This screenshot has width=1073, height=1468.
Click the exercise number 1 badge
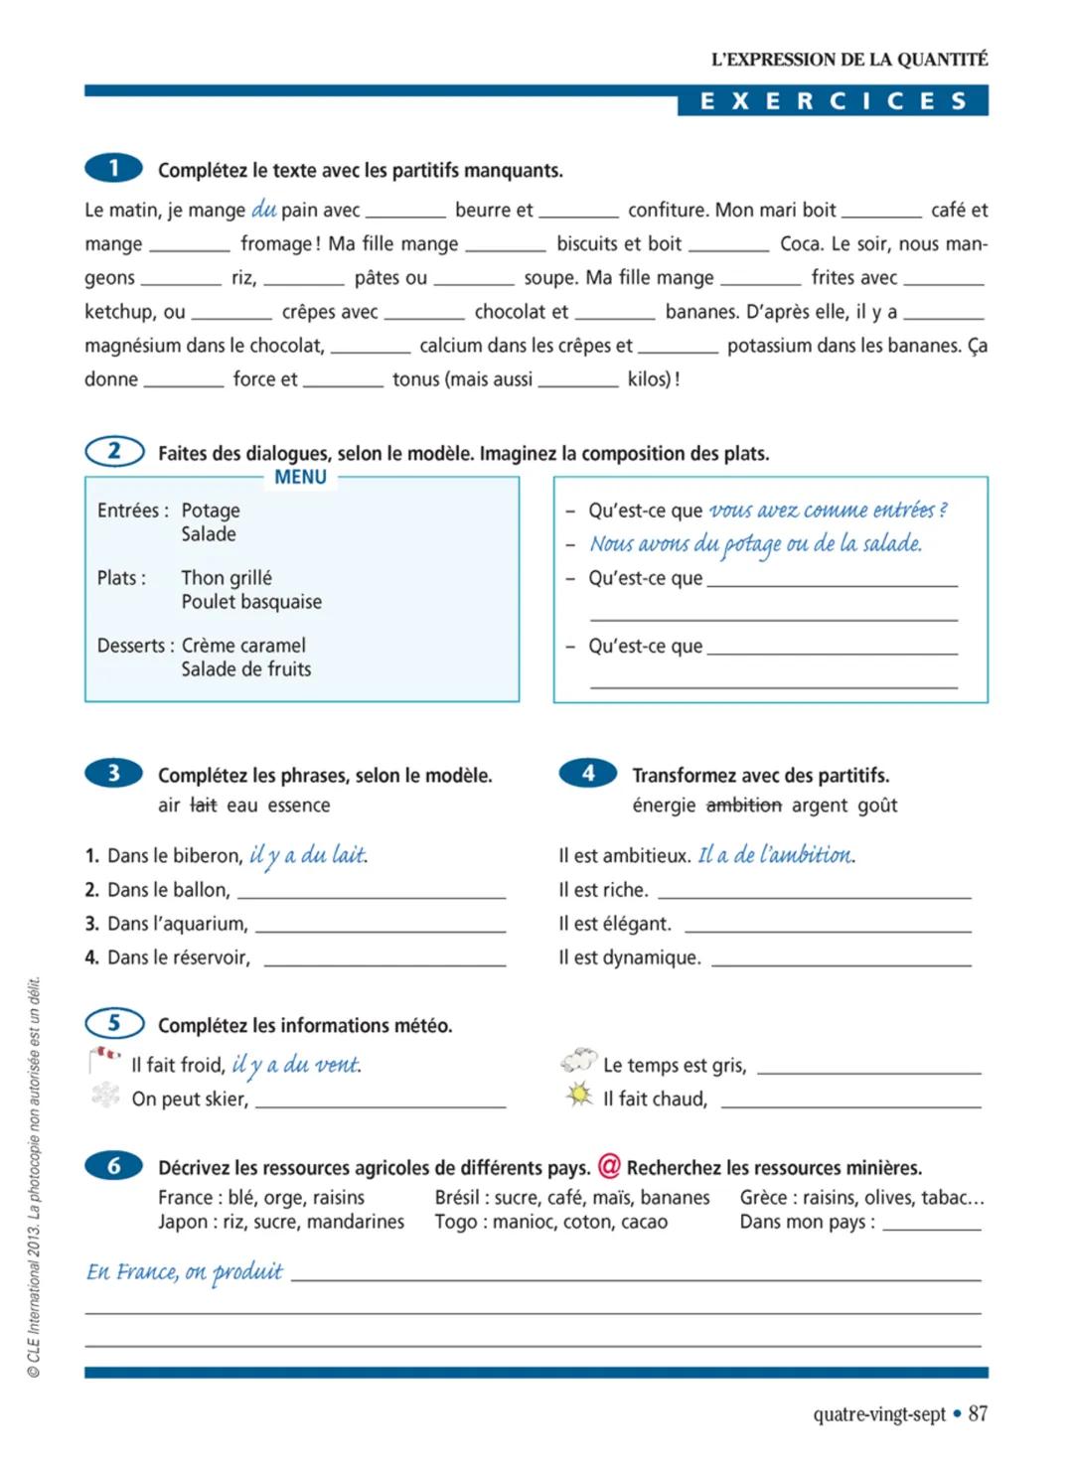click(x=113, y=168)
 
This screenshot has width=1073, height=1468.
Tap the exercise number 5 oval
click(x=114, y=1023)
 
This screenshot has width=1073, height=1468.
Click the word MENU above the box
click(x=300, y=477)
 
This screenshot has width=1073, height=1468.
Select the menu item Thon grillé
click(x=227, y=577)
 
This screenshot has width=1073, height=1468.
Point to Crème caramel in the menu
click(x=243, y=645)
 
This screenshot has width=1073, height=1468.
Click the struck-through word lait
click(x=203, y=805)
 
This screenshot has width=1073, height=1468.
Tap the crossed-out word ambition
click(x=743, y=805)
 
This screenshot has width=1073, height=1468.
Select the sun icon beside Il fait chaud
click(x=578, y=1096)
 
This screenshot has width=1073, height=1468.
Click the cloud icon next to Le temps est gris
click(x=578, y=1061)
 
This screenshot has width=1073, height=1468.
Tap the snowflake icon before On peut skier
click(x=105, y=1096)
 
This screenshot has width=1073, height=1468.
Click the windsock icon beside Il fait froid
click(x=104, y=1060)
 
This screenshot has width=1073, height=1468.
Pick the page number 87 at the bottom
click(x=978, y=1413)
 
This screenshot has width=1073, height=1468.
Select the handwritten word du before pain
click(x=263, y=209)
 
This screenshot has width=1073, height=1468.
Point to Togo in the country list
click(x=455, y=1222)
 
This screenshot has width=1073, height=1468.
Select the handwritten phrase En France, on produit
click(x=185, y=1271)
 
